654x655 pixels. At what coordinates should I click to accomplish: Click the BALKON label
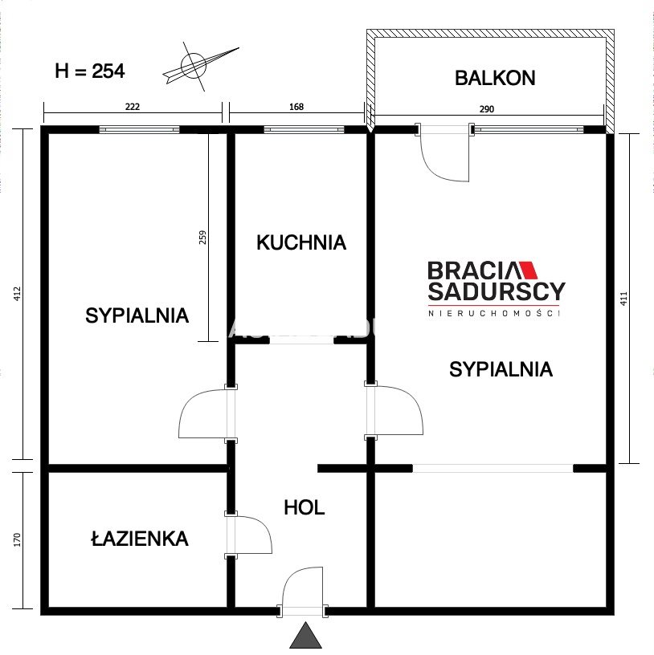[495, 78]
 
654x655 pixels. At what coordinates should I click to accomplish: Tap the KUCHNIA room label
[301, 242]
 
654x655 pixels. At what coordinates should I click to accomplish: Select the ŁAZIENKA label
[140, 538]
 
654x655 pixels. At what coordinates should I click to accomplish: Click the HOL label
[305, 507]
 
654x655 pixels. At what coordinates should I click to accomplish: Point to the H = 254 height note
[90, 71]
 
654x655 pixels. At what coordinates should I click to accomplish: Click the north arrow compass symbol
[197, 66]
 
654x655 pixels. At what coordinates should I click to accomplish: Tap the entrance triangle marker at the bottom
[305, 636]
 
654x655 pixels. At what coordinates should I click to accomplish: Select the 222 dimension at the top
[133, 107]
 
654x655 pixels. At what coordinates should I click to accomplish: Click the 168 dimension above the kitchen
[296, 107]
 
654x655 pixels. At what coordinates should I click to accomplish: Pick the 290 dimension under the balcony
[487, 109]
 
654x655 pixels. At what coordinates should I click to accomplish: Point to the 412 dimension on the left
[17, 294]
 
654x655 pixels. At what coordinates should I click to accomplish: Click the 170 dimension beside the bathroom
[17, 539]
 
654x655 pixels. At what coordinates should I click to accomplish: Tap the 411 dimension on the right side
[624, 299]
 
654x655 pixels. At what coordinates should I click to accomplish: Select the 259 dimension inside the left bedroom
[202, 238]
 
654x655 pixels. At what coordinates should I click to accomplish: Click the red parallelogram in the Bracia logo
[528, 271]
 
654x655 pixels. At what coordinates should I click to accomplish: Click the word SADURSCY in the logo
[497, 291]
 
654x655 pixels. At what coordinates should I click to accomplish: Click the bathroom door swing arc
[260, 527]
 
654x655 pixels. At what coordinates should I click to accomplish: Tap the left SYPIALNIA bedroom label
[137, 315]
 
